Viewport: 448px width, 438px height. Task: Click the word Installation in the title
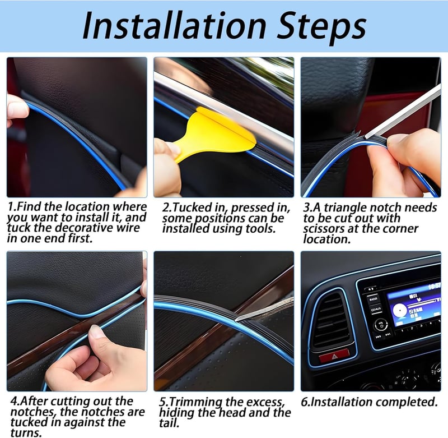[174, 26]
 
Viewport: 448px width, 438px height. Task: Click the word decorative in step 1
[85, 228]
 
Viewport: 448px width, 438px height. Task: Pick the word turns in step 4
[26, 432]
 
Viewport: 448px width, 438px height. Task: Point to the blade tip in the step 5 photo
[236, 320]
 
